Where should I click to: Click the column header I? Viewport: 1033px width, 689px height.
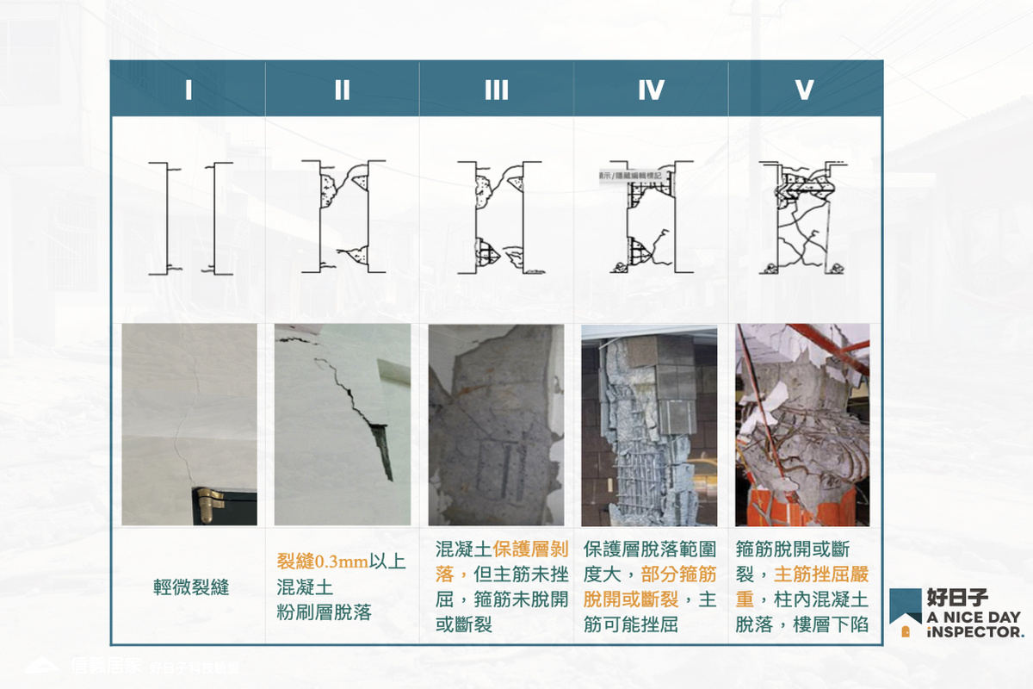point(188,90)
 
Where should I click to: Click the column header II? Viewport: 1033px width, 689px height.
point(342,90)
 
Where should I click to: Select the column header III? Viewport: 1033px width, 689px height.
point(496,90)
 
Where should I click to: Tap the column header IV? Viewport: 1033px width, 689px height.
point(651,90)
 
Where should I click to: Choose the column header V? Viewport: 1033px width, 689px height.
point(805,90)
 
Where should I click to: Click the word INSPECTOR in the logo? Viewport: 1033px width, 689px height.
point(975,631)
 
